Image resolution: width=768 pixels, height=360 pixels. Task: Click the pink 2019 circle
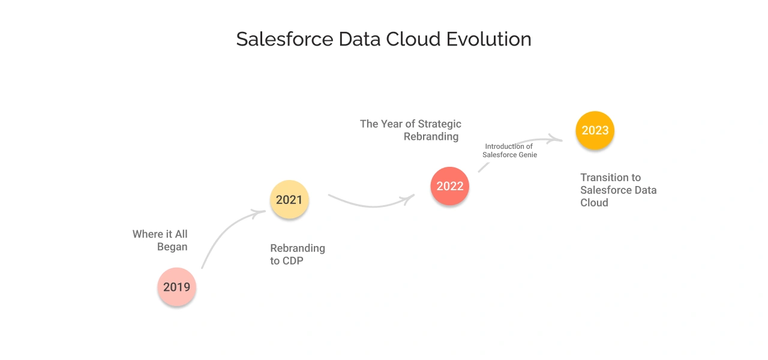click(177, 287)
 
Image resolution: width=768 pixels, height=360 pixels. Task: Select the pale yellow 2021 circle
click(289, 200)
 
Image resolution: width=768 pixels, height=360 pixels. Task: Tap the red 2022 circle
click(450, 186)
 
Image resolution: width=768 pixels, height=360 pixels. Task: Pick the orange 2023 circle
click(595, 130)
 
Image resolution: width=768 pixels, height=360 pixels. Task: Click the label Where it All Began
click(160, 240)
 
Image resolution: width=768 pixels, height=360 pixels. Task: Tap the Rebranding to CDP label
click(298, 254)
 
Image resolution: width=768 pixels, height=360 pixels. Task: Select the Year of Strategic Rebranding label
click(411, 130)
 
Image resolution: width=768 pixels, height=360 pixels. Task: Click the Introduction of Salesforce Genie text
click(509, 151)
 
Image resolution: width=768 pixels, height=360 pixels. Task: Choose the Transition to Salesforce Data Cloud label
click(618, 190)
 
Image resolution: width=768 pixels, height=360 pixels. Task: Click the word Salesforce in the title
click(284, 39)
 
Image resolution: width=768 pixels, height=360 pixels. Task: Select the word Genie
click(527, 155)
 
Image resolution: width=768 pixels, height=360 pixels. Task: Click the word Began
click(172, 247)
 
